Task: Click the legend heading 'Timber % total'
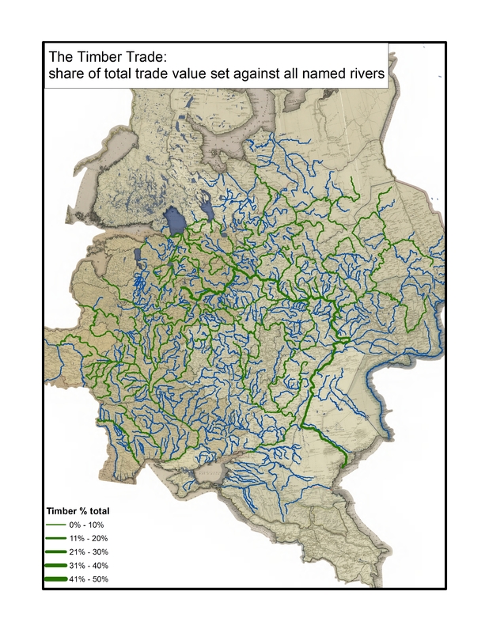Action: coord(76,510)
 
